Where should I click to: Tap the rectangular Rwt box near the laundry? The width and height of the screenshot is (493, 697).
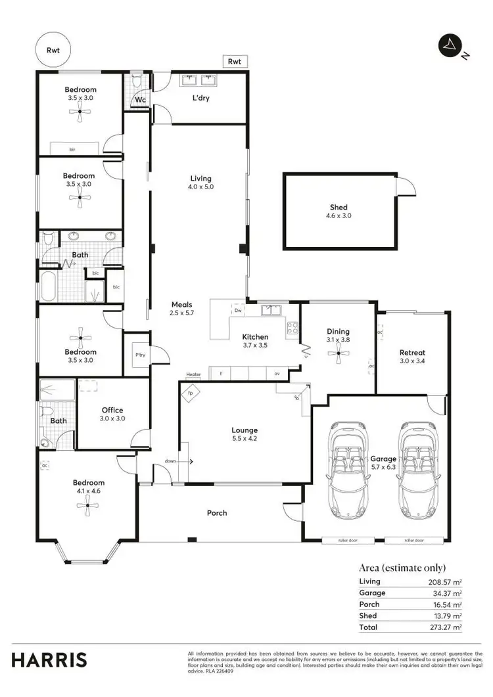point(235,61)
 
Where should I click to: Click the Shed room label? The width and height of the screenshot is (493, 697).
point(339,208)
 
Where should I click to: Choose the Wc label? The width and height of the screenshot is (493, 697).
point(140,100)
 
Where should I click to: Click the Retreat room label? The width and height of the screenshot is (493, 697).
point(412,353)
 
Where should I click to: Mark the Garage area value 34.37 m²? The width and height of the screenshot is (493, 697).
point(448,593)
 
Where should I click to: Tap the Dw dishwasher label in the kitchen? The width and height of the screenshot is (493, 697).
point(239,310)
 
